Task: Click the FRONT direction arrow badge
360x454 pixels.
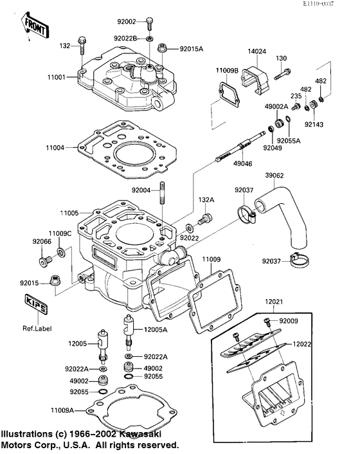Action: [35, 25]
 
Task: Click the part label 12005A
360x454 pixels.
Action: [155, 329]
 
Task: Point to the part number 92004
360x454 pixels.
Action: [142, 190]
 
